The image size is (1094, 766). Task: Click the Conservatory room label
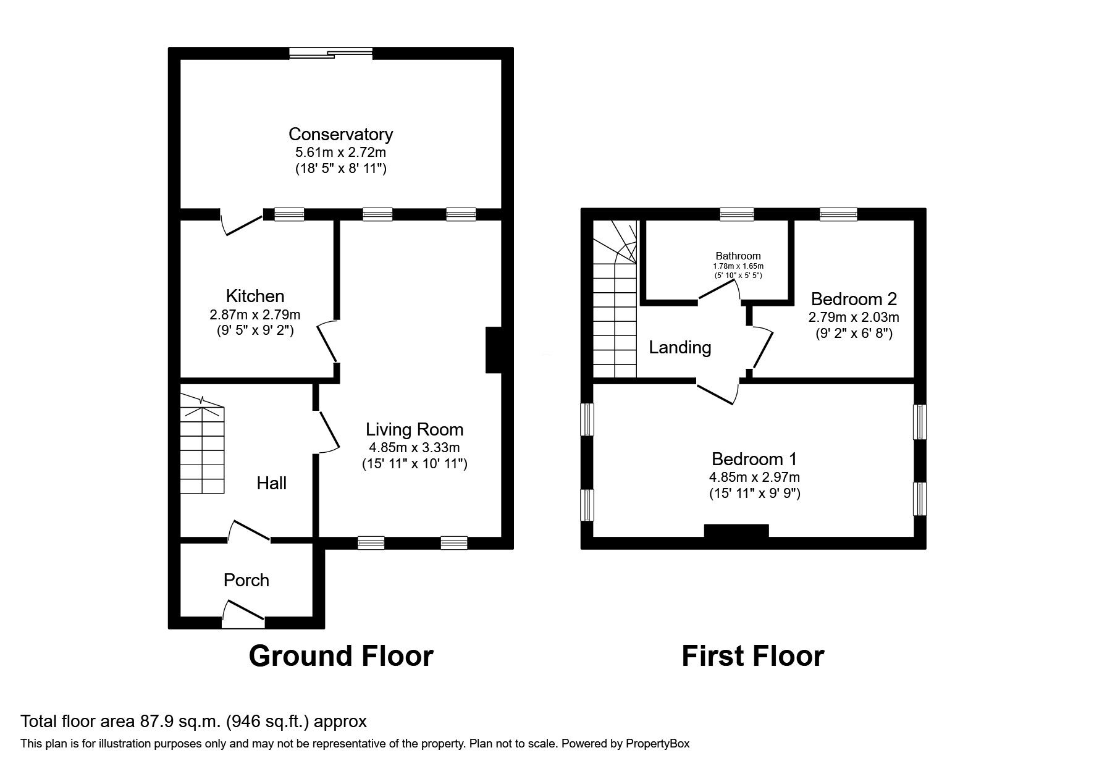[x=340, y=134]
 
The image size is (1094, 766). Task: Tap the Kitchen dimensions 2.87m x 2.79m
[x=255, y=315]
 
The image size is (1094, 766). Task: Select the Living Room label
[x=414, y=429]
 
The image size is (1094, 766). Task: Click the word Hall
[x=271, y=483]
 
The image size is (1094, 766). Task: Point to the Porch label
[x=246, y=580]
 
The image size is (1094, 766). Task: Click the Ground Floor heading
[x=340, y=656]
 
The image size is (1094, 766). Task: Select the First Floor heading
[x=752, y=656]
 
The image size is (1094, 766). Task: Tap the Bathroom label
[x=738, y=256]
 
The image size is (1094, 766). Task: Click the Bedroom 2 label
[x=854, y=300]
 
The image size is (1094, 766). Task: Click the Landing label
[x=680, y=348]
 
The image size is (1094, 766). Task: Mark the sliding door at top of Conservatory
[x=331, y=54]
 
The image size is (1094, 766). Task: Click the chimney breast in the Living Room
[x=494, y=350]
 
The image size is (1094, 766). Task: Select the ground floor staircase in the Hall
[x=202, y=448]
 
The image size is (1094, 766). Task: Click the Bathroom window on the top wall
[x=737, y=214]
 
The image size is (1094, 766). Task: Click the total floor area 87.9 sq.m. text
[x=193, y=722]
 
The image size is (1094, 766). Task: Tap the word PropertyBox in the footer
[x=657, y=744]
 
